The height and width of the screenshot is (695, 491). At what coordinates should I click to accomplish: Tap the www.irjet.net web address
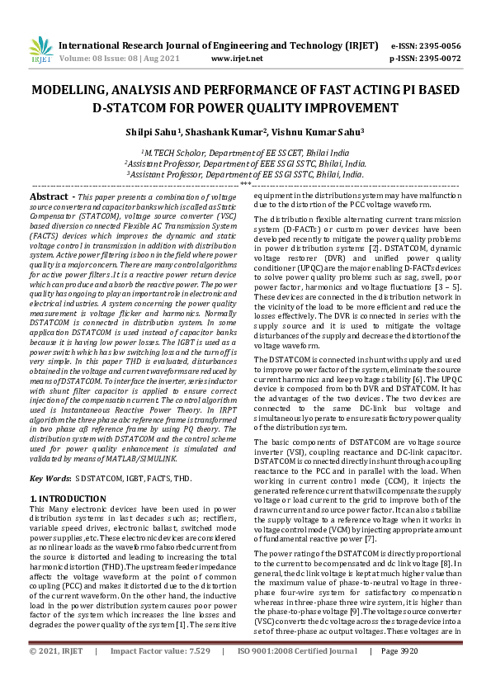point(237,59)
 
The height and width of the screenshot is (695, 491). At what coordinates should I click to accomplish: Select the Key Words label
point(49,479)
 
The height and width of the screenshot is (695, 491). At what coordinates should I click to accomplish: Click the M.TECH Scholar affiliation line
point(244,153)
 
